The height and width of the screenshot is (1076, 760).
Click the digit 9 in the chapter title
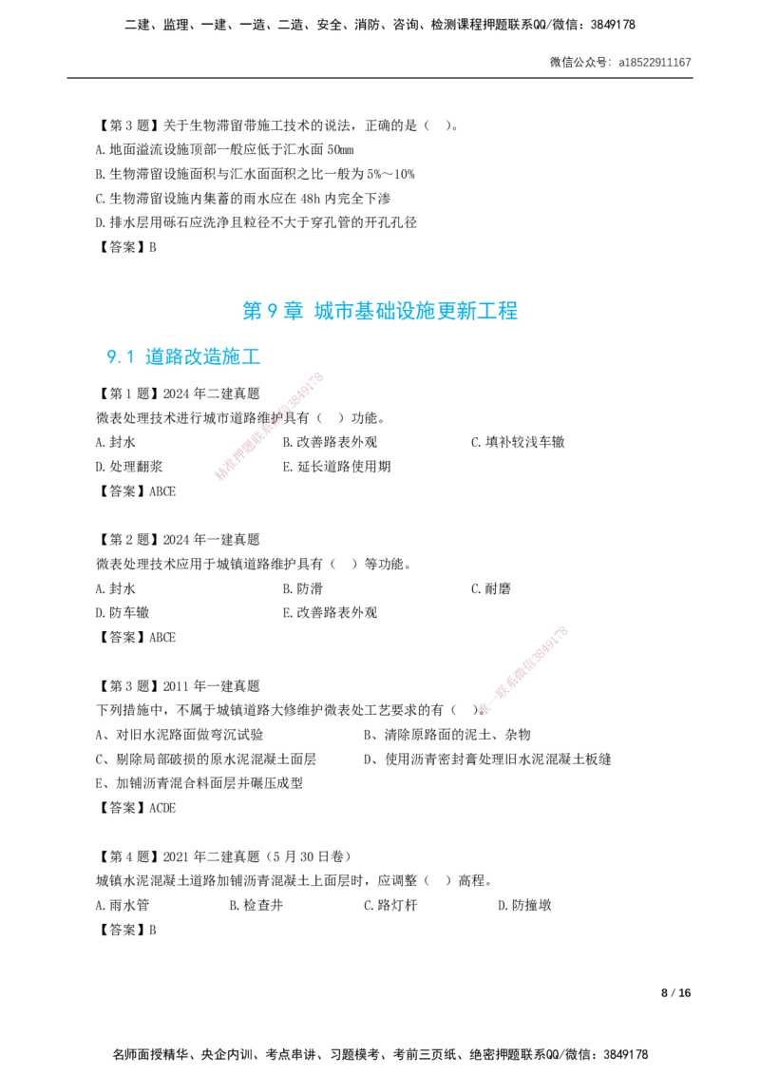[x=272, y=310]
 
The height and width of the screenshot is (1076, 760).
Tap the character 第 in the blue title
[x=251, y=310]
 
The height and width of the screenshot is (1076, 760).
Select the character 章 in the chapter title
[x=294, y=310]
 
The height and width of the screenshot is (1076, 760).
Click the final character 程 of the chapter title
[x=512, y=311]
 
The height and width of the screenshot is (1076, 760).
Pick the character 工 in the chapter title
[x=491, y=311]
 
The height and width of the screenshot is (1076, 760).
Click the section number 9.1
[x=120, y=356]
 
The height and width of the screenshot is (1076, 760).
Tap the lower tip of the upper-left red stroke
[x=218, y=476]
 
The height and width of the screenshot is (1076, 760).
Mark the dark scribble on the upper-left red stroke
[x=275, y=417]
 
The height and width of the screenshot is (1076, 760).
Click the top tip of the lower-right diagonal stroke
[x=563, y=629]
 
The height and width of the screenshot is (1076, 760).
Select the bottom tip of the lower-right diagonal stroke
[x=483, y=712]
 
